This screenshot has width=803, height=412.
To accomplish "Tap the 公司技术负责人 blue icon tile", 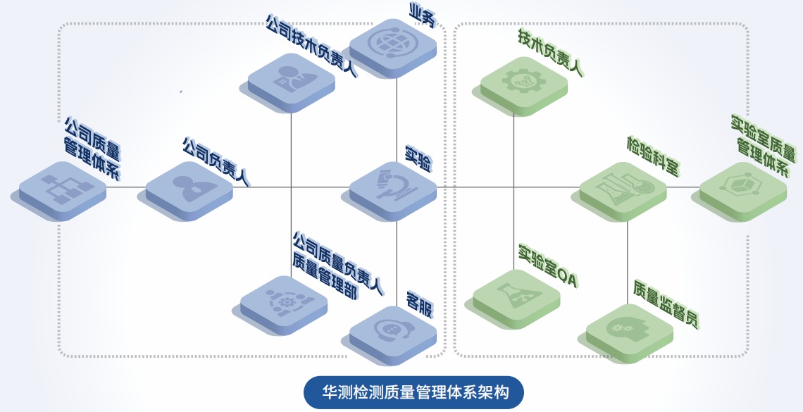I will [291, 78].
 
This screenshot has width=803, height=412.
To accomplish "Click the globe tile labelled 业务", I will [392, 44].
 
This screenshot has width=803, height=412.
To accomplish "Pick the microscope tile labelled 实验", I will [392, 187].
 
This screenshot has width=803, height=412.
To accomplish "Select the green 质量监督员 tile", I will [630, 329].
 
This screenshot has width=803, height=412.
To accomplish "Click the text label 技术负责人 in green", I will [549, 52].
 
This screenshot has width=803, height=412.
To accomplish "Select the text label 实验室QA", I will [547, 267].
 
